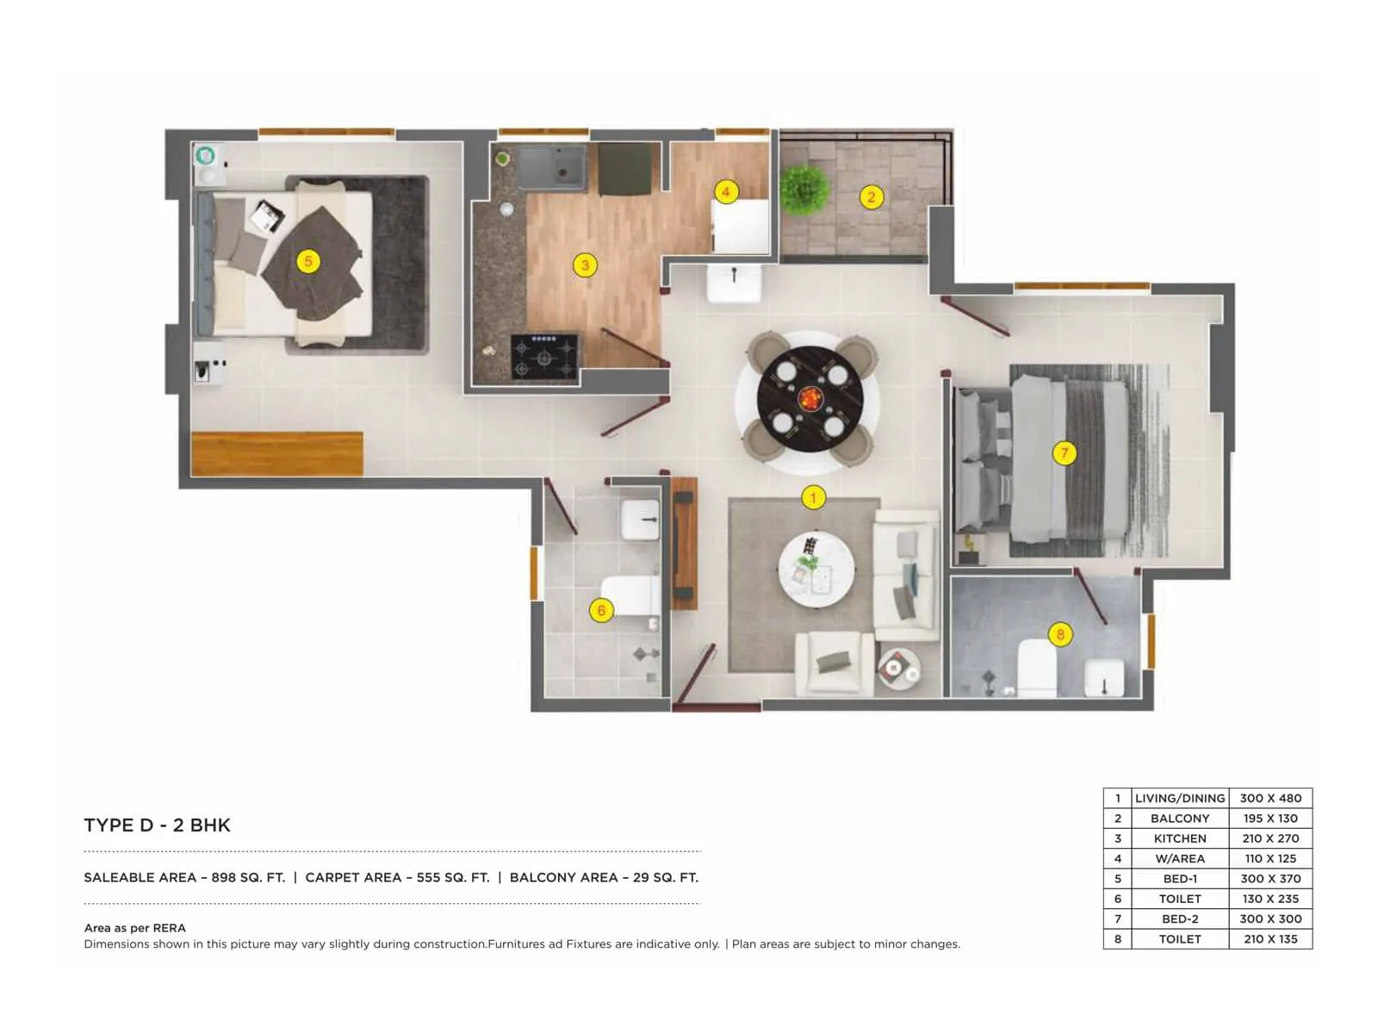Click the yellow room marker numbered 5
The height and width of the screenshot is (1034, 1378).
(x=307, y=261)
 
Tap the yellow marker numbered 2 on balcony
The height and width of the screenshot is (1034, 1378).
(x=871, y=197)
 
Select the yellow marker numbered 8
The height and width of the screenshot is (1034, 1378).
(x=1060, y=635)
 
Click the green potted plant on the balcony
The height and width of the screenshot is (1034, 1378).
(x=804, y=189)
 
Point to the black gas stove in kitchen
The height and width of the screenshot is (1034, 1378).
(x=544, y=357)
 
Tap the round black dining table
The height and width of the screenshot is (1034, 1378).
(x=809, y=399)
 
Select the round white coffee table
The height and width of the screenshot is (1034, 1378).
(x=816, y=570)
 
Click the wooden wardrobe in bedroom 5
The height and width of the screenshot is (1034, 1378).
(x=276, y=454)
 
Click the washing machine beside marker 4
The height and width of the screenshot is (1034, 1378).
(x=740, y=226)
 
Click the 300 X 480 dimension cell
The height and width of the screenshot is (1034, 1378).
(x=1270, y=799)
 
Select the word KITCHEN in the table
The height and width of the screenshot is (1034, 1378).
(x=1179, y=838)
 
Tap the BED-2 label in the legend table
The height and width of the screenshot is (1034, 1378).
(x=1179, y=919)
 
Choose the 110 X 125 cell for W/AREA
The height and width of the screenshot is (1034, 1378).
(x=1270, y=859)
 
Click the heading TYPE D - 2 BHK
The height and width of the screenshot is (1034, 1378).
(x=157, y=825)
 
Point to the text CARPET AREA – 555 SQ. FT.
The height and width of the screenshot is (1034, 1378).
(x=397, y=878)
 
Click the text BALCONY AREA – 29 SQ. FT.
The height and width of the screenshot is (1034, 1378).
(x=604, y=878)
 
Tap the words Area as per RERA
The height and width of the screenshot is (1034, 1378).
(x=134, y=928)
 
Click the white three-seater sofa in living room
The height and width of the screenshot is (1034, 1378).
(x=906, y=575)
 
